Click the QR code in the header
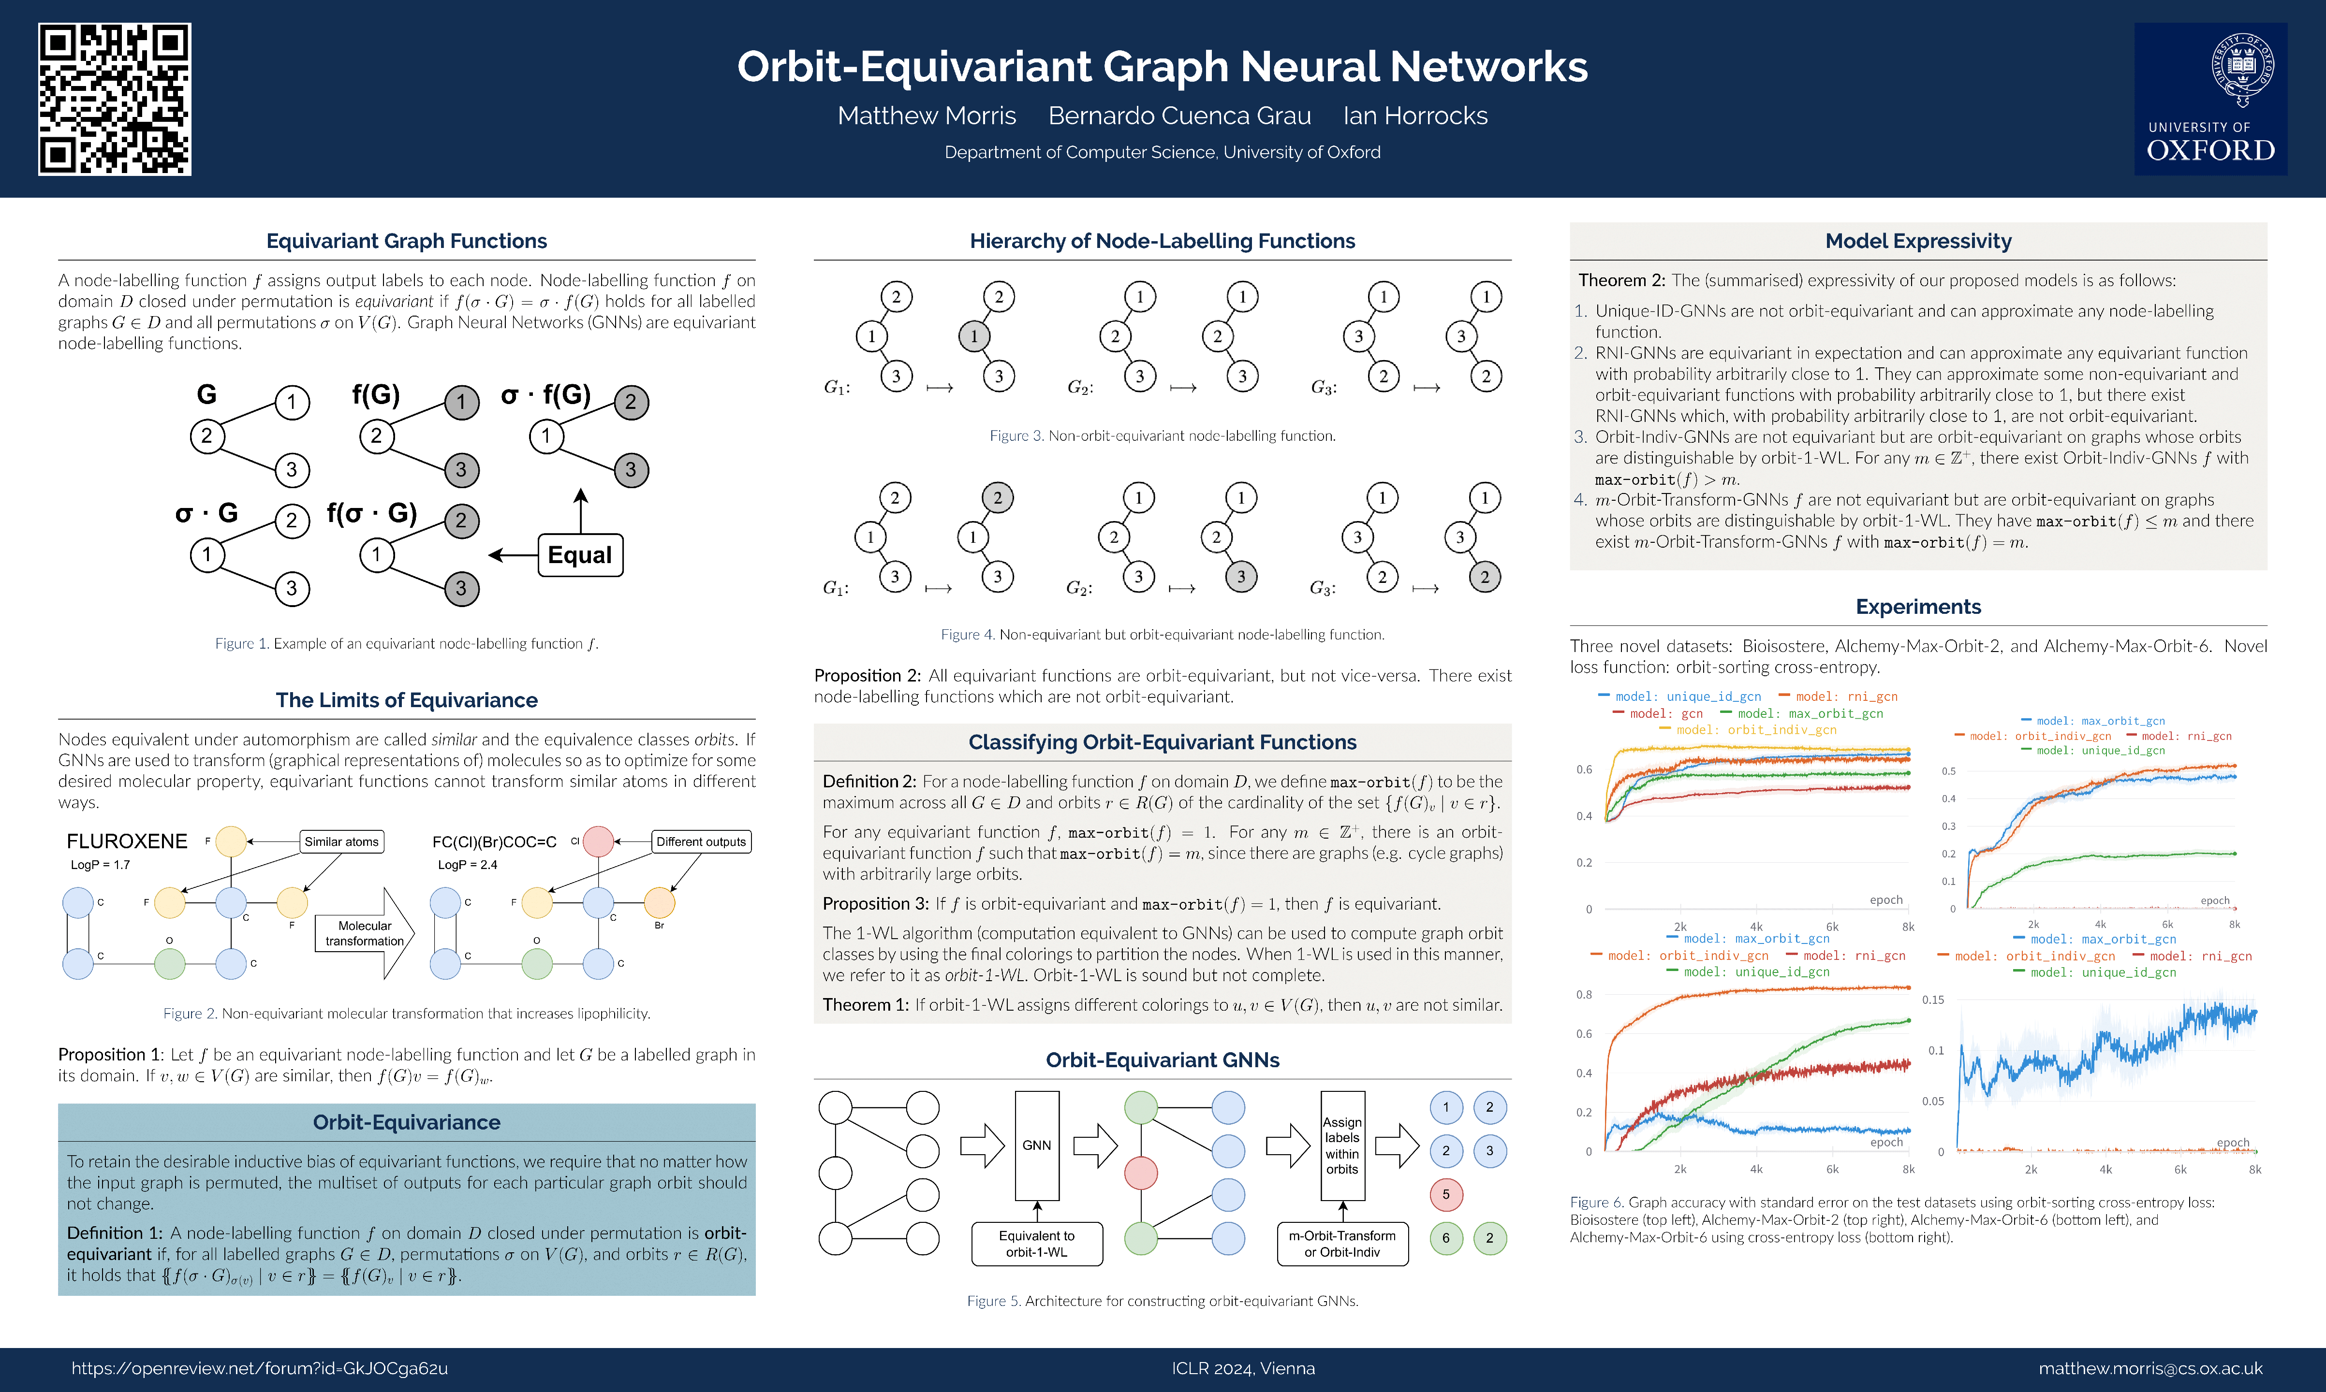(x=115, y=100)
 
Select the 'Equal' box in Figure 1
(x=580, y=555)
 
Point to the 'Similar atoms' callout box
(x=341, y=841)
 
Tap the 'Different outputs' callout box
(x=701, y=841)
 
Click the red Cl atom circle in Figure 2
(x=599, y=841)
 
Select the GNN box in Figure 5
(x=1037, y=1145)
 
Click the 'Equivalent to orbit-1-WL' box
(x=1037, y=1244)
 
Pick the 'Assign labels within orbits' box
(x=1342, y=1145)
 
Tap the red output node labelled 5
(x=1446, y=1194)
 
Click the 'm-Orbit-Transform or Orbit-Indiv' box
(x=1342, y=1244)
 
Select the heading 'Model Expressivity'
(x=1918, y=241)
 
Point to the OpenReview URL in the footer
(x=260, y=1368)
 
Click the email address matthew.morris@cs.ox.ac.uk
(x=2150, y=1368)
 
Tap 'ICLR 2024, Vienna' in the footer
(x=1243, y=1368)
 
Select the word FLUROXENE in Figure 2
(x=127, y=841)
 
